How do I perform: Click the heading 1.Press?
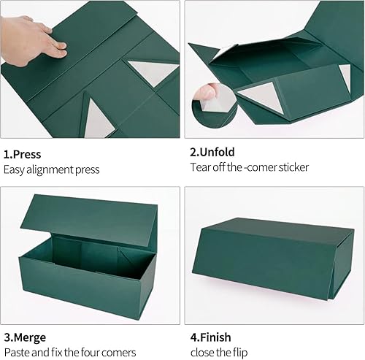pyautogui.click(x=23, y=154)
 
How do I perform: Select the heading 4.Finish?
pyautogui.click(x=212, y=338)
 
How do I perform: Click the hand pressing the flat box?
pyautogui.click(x=36, y=37)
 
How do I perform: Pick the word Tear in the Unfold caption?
pyautogui.click(x=201, y=167)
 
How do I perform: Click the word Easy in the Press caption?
pyautogui.click(x=15, y=169)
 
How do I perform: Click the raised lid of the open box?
pyautogui.click(x=95, y=215)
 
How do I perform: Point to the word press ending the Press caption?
pyautogui.click(x=87, y=169)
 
